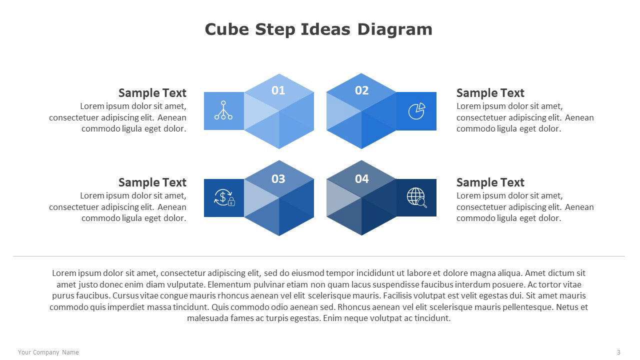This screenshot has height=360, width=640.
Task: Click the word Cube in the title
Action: pos(227,29)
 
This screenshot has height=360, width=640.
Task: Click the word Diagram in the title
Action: pos(395,30)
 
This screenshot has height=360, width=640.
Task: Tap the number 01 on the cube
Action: pos(278,90)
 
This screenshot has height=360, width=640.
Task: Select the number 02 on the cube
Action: pos(361,90)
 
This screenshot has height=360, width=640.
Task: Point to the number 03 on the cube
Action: pos(278,179)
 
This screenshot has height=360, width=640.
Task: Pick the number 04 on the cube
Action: pos(361,179)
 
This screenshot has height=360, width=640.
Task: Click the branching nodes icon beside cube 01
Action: pos(223,110)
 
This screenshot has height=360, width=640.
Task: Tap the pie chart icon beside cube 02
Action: pos(416,111)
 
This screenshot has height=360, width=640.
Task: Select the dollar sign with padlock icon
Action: pos(224,197)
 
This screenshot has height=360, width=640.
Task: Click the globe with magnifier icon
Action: pos(416,197)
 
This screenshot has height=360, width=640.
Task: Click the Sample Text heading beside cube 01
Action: pos(152,93)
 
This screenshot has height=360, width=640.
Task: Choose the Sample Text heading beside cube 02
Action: pos(490,93)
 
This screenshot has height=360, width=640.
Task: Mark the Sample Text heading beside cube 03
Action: pos(152,182)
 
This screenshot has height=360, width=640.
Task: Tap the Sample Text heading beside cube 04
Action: pos(490,182)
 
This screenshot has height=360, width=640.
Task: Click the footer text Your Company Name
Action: pos(48,352)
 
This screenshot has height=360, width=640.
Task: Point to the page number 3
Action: pos(618,352)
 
